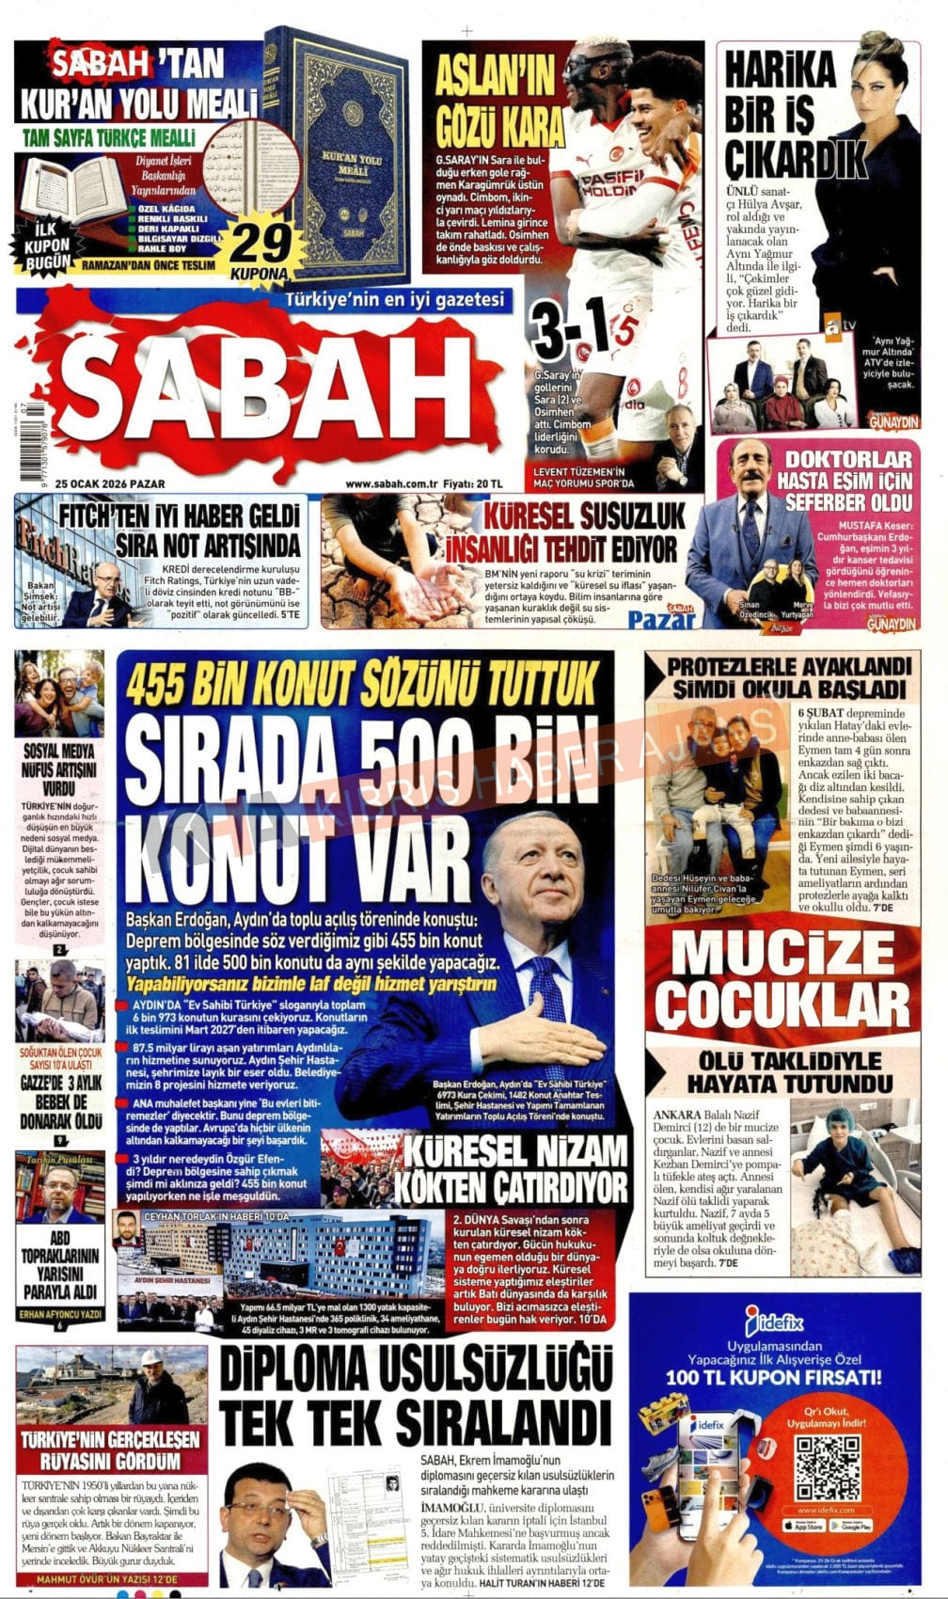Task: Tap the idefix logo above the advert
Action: pos(773,1322)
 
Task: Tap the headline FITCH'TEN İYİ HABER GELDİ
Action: pos(179,530)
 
